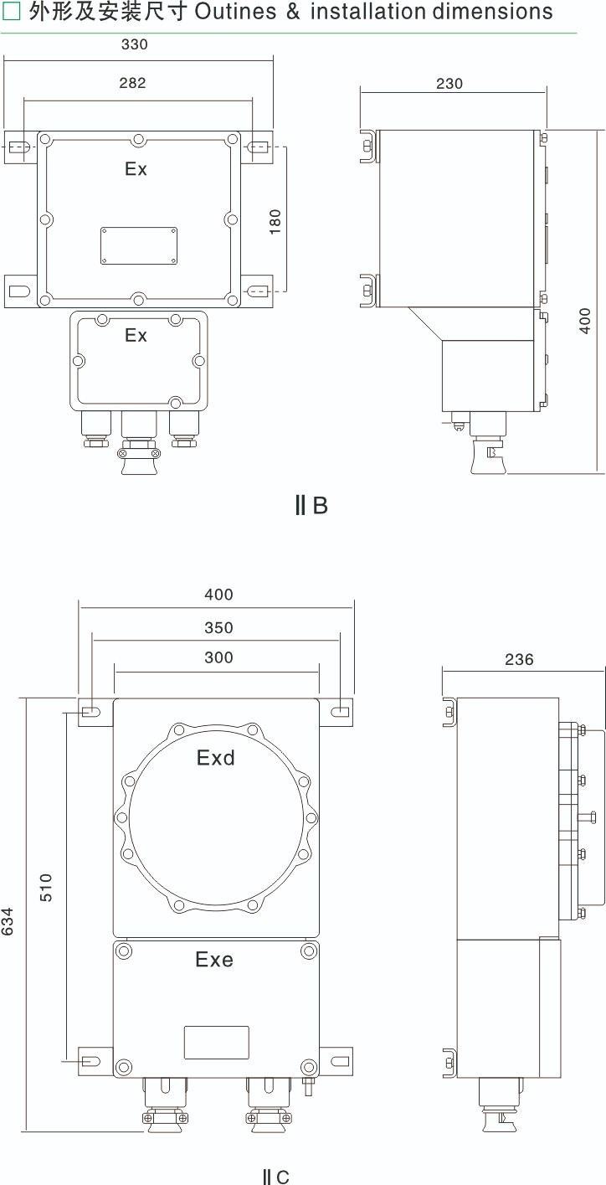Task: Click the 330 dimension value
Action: tap(134, 44)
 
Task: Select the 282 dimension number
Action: tap(132, 83)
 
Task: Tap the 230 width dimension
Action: tap(449, 84)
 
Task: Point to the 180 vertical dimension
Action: tap(275, 222)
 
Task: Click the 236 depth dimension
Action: tap(519, 660)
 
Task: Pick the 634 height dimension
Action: tap(8, 921)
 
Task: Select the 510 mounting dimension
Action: tap(47, 888)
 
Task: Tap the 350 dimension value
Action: tap(218, 628)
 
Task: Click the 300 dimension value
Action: tap(218, 657)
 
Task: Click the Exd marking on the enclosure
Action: tap(216, 758)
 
